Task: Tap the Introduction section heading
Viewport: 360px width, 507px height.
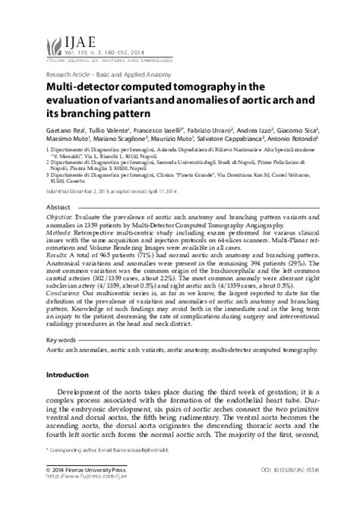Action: [68, 375]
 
